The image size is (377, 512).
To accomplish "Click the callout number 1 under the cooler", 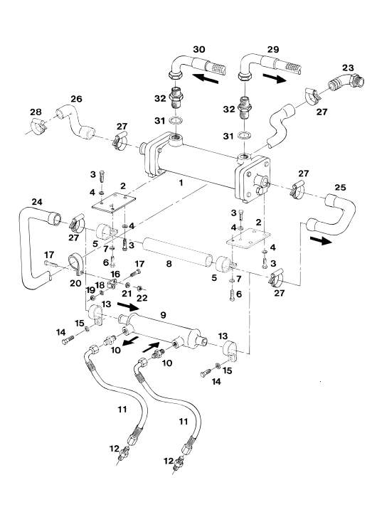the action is click(x=181, y=183).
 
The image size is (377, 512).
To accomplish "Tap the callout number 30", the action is click(x=199, y=49).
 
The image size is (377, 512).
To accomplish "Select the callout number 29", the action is click(x=273, y=49).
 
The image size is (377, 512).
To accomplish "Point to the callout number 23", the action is click(x=348, y=68).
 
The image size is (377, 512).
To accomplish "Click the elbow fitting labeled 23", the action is click(x=346, y=82).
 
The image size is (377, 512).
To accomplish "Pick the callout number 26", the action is click(x=76, y=99).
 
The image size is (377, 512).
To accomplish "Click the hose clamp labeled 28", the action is click(x=39, y=126).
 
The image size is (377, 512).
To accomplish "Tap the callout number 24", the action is click(x=37, y=202).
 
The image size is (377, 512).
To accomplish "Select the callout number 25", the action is click(x=340, y=187).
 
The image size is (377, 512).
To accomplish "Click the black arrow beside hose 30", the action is click(x=205, y=79).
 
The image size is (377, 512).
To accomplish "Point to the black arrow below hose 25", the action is click(x=321, y=240).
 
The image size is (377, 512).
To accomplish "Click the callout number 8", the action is click(x=169, y=263).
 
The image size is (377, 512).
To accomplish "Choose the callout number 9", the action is click(x=163, y=315).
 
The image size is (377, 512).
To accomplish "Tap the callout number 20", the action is click(x=75, y=283).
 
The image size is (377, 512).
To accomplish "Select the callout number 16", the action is click(x=115, y=274).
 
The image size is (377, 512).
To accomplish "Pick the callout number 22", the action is click(x=142, y=297).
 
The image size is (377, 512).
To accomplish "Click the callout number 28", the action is click(x=36, y=112).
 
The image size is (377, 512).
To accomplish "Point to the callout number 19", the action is click(x=90, y=290).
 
